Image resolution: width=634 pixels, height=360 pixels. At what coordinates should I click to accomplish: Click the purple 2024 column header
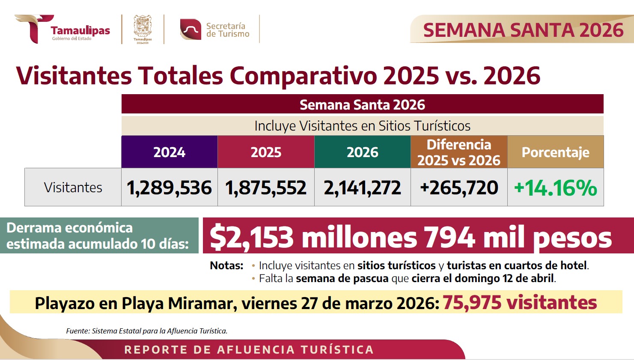click(x=170, y=152)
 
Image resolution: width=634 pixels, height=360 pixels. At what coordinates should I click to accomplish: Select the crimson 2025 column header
click(x=266, y=152)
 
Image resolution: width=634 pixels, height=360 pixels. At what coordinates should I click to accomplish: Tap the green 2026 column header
click(x=362, y=152)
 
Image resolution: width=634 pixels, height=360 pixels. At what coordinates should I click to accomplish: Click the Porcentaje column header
click(x=555, y=152)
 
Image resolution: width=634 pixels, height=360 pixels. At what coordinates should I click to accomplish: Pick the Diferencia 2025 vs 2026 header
click(x=459, y=152)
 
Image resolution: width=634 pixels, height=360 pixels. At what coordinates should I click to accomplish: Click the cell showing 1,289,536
click(x=170, y=187)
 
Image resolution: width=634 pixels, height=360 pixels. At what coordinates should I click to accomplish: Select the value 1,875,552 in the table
click(x=266, y=187)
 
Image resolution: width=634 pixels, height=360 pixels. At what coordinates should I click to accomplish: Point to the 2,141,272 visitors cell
click(x=362, y=187)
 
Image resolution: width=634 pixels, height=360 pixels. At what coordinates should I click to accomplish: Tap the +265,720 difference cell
click(x=459, y=187)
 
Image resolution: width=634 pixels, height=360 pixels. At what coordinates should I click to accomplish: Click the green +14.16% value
click(x=555, y=187)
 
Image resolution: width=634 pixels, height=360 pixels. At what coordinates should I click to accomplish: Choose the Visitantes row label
click(x=73, y=187)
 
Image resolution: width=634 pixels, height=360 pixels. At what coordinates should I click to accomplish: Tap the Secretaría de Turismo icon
click(x=190, y=30)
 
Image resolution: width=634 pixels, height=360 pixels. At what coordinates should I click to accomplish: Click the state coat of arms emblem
click(x=143, y=28)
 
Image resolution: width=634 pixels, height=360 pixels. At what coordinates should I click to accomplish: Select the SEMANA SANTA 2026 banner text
click(x=523, y=30)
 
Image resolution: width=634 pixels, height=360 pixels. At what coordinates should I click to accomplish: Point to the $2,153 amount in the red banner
click(x=252, y=237)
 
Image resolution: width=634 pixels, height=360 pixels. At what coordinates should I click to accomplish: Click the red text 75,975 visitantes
click(x=519, y=303)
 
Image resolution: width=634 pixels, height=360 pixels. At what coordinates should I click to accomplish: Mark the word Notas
click(x=226, y=265)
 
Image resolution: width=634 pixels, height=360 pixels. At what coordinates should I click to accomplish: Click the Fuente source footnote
click(x=147, y=331)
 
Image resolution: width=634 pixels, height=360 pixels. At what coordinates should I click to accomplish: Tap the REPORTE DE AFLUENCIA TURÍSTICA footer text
click(x=249, y=350)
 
